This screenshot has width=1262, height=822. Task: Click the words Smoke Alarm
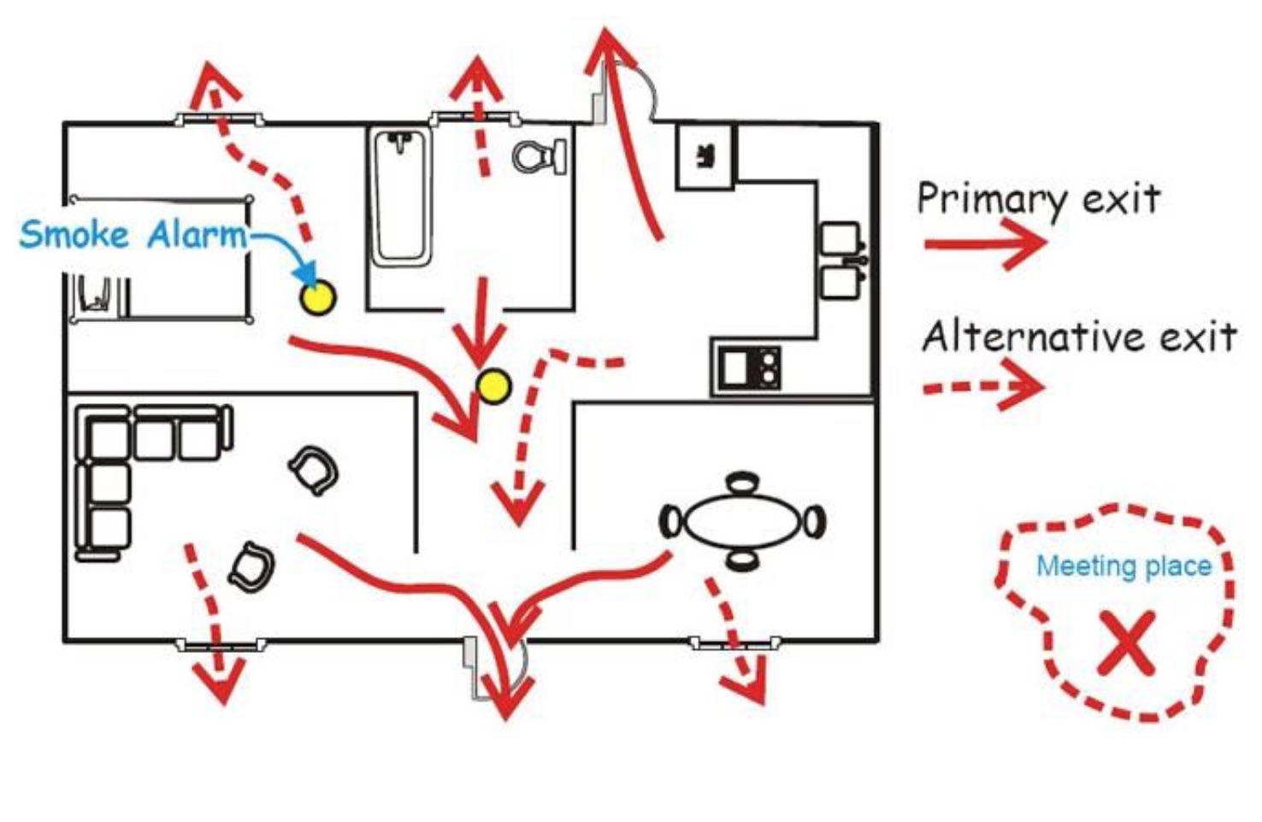coord(133,234)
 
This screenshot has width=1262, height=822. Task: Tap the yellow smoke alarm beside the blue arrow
coord(317,297)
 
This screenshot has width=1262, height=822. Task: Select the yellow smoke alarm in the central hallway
coord(493,386)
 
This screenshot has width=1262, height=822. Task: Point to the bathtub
coord(400,197)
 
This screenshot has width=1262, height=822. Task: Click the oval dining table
coord(742,520)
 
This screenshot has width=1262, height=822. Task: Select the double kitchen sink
coord(841,260)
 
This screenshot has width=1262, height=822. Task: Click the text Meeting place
coord(1123,566)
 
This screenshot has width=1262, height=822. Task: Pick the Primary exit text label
coord(1038,199)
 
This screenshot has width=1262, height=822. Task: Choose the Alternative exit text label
coord(1079,337)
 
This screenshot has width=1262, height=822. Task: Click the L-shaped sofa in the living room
coord(120,461)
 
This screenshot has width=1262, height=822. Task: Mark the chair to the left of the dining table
coord(671,521)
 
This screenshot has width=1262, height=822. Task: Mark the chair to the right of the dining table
coord(814,520)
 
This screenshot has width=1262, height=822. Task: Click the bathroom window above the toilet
coord(475,119)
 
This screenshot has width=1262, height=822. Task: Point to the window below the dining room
coord(735,643)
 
